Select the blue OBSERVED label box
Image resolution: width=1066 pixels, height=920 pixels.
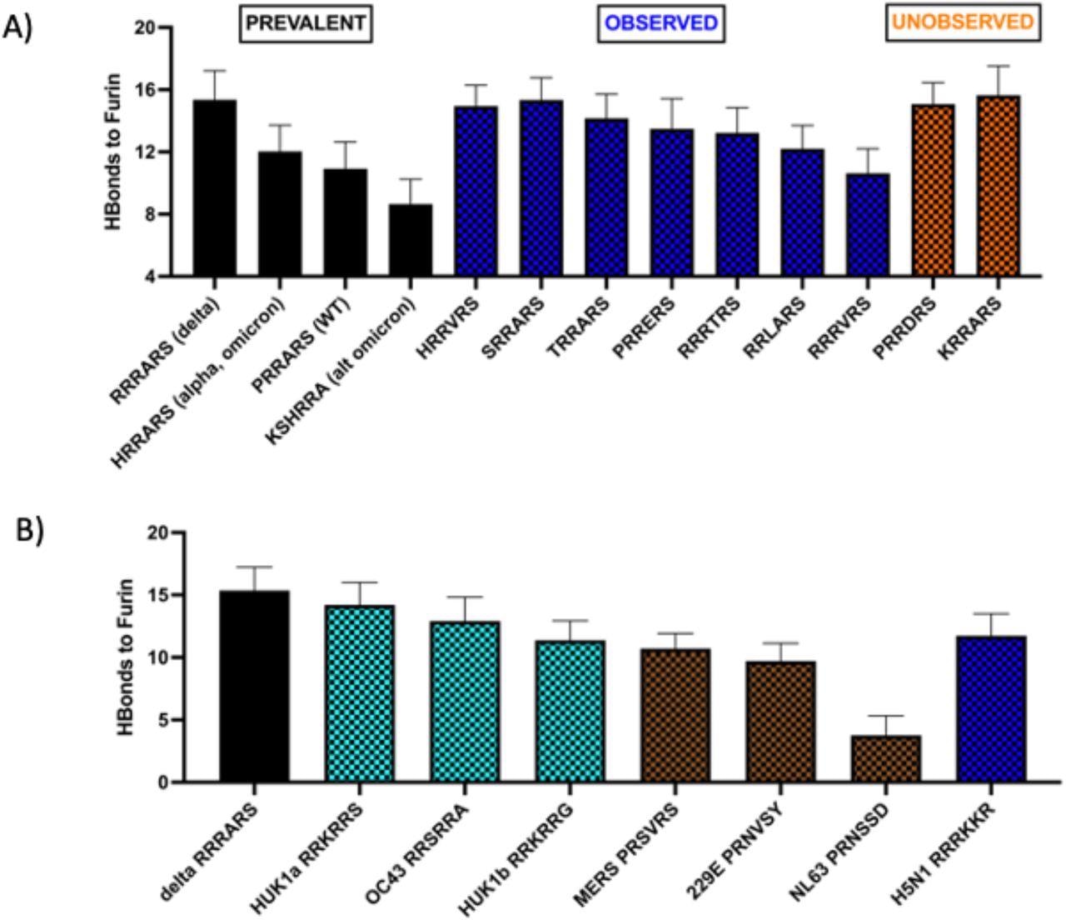tap(661, 23)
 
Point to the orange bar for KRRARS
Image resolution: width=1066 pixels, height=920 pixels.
tap(997, 186)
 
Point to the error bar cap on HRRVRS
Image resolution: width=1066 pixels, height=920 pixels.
tap(476, 85)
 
